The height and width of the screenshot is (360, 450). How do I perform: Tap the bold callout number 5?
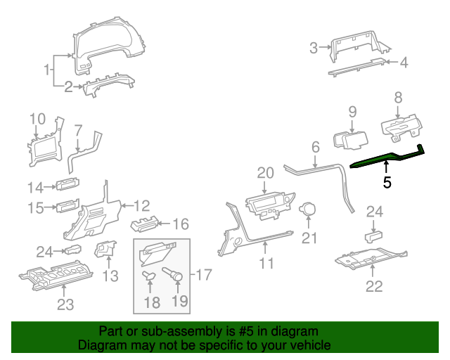pyautogui.click(x=387, y=183)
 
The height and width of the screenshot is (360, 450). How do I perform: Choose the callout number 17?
pyautogui.click(x=204, y=275)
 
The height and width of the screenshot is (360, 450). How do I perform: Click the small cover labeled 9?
pyautogui.click(x=347, y=140)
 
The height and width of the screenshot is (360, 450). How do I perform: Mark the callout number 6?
pyautogui.click(x=315, y=148)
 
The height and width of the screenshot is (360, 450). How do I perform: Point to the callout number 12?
pyautogui.click(x=141, y=206)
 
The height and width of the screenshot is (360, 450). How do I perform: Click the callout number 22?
pyautogui.click(x=374, y=285)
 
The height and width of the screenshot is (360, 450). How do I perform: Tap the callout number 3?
pyautogui.click(x=314, y=48)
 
